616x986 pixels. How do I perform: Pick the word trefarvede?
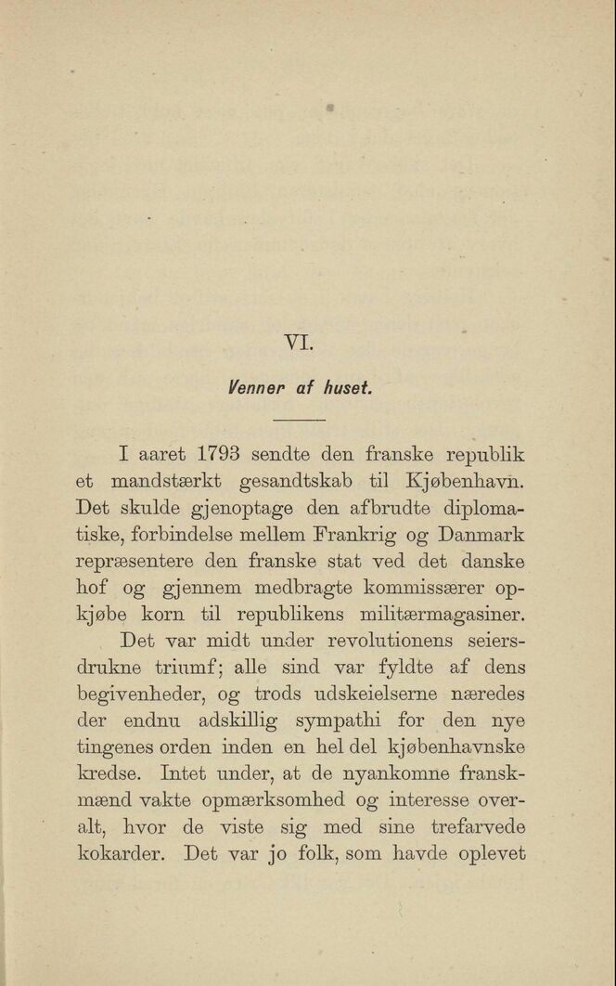click(478, 826)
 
